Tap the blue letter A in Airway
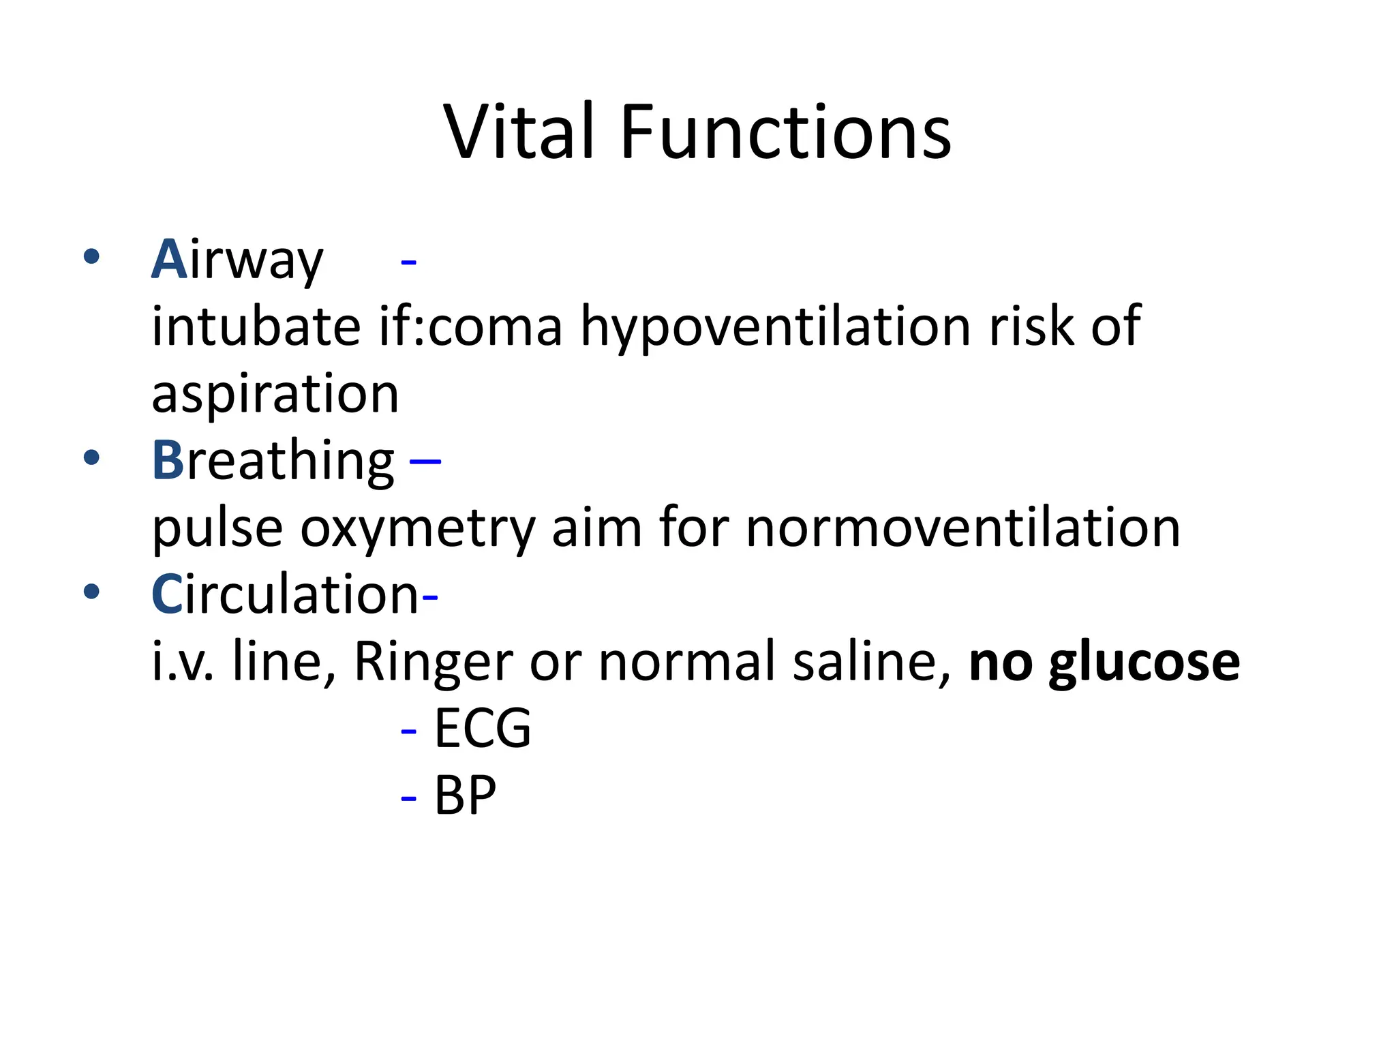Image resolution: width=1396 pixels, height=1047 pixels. pos(169,260)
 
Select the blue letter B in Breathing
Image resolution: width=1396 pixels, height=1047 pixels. pos(167,461)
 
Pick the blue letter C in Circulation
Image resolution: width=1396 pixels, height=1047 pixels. pos(166,594)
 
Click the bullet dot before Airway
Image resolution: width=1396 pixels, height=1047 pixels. pos(91,257)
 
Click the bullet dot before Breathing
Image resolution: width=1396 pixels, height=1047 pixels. pos(91,458)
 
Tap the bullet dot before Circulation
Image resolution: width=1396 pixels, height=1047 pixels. pos(91,592)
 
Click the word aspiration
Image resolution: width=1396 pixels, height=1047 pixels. pos(275,394)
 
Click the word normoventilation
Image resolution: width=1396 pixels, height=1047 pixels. pos(962,528)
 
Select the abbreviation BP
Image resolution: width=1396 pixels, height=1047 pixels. pos(466,795)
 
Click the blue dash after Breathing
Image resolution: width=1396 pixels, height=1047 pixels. pos(425,462)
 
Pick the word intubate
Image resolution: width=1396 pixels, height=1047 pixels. pos(256,327)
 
